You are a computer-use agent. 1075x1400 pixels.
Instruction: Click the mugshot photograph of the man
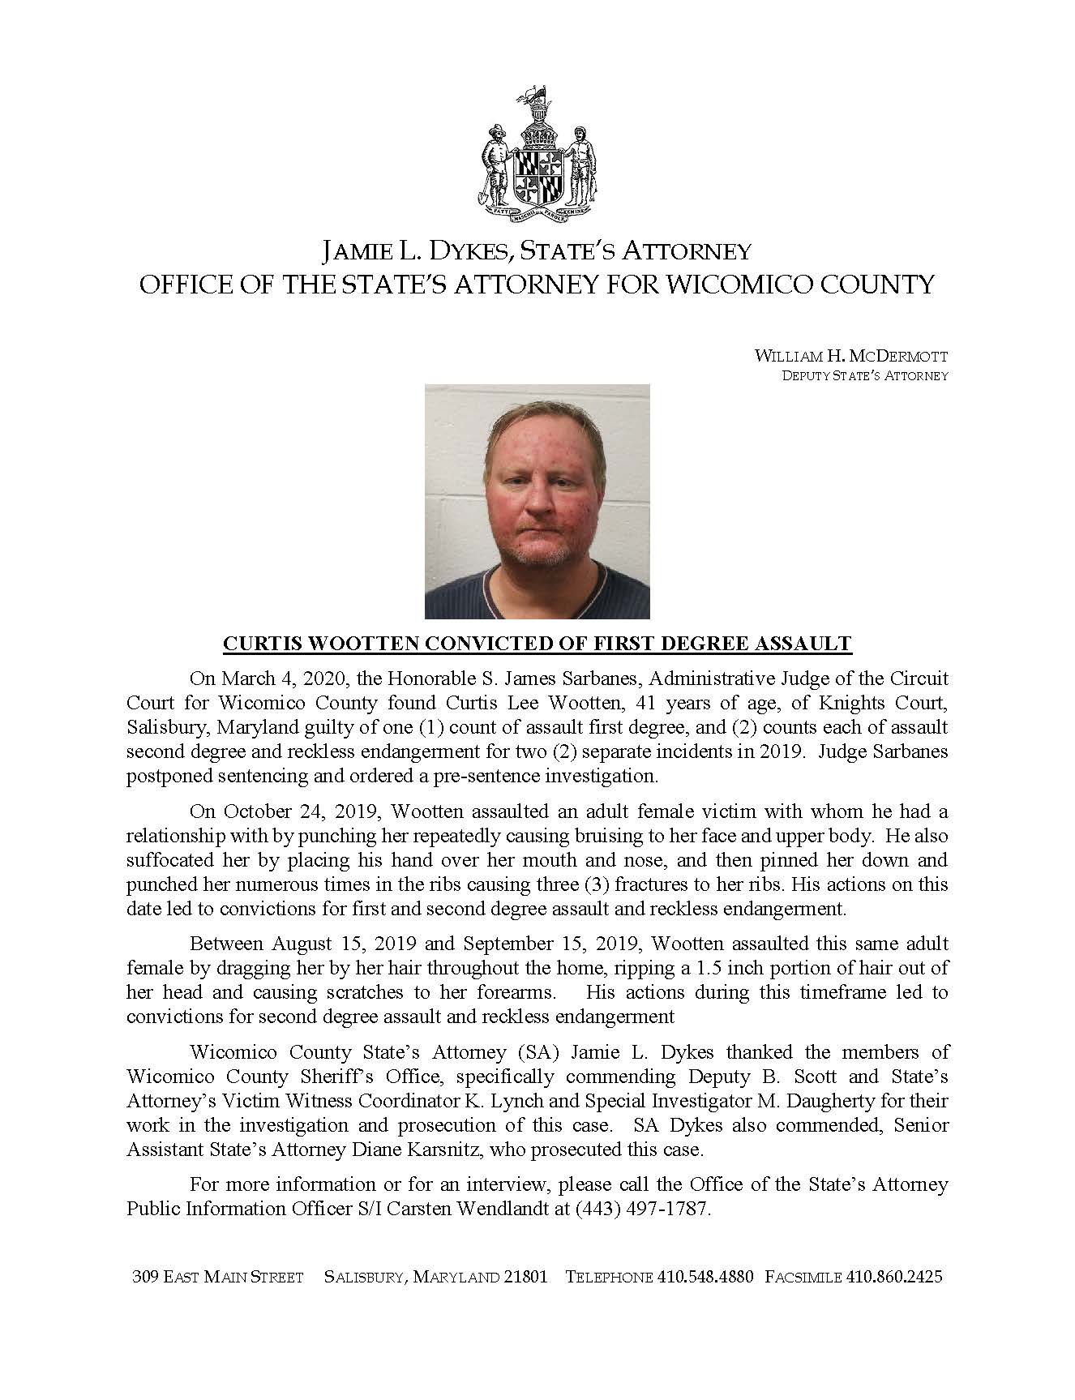click(x=537, y=501)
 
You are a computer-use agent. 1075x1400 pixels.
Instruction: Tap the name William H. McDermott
click(x=850, y=357)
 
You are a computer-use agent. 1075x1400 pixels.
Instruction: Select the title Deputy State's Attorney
click(x=864, y=376)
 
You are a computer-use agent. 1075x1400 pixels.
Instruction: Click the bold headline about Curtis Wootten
click(x=537, y=644)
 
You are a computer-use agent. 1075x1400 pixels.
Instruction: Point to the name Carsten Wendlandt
click(x=478, y=1209)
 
